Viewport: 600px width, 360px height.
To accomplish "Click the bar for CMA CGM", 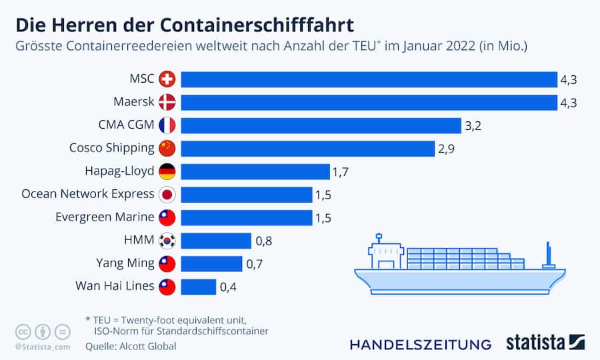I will (x=321, y=125).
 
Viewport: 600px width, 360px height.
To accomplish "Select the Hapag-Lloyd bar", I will (x=255, y=171).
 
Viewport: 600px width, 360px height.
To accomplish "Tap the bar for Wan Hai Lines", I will (x=199, y=287).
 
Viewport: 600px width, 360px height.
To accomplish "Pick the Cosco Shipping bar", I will (x=307, y=148).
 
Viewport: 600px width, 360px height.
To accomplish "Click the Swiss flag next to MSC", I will (x=167, y=79).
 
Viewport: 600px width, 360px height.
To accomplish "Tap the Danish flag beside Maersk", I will (x=167, y=103).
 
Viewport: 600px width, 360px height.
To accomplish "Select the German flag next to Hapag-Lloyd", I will (x=167, y=171).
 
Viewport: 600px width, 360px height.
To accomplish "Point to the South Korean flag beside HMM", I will (x=167, y=241).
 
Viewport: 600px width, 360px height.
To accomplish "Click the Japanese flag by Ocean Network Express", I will (x=167, y=195).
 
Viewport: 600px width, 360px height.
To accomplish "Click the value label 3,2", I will (x=473, y=125).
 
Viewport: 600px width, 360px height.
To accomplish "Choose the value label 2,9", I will (x=446, y=148).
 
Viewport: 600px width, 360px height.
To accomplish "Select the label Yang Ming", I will (x=124, y=264).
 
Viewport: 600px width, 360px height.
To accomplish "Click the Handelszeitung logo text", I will (x=421, y=344).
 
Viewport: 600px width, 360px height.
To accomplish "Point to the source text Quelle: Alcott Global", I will (x=131, y=347).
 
